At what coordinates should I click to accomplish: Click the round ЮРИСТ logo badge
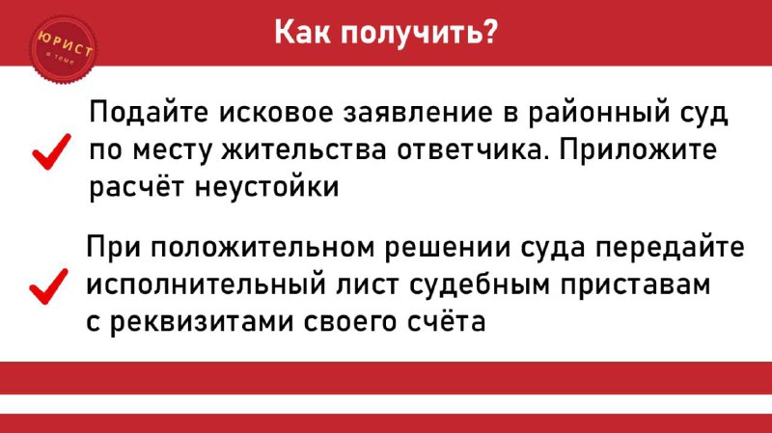(63, 50)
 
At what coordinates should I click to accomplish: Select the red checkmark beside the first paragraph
(52, 151)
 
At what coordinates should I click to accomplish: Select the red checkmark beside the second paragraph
(49, 286)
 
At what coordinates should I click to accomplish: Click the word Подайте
(149, 113)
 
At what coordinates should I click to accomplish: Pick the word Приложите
(638, 149)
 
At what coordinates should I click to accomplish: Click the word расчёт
(137, 187)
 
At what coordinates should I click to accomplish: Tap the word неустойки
(267, 187)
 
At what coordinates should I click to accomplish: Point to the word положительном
(262, 248)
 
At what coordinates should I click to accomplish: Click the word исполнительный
(206, 284)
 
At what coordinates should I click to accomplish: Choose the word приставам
(635, 285)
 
